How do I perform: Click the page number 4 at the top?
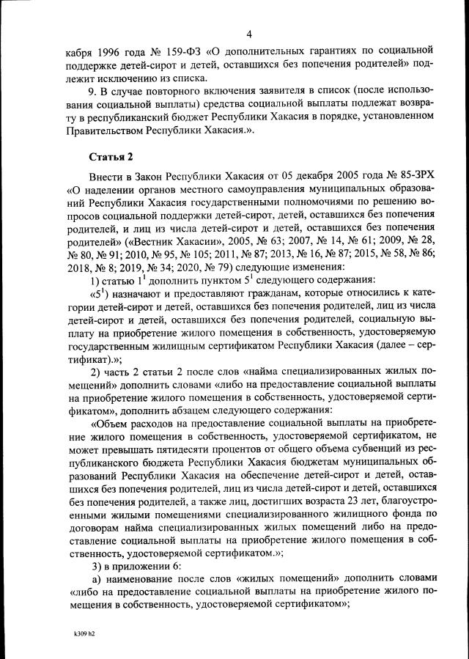(x=249, y=34)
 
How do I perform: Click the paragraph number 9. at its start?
(x=93, y=90)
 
